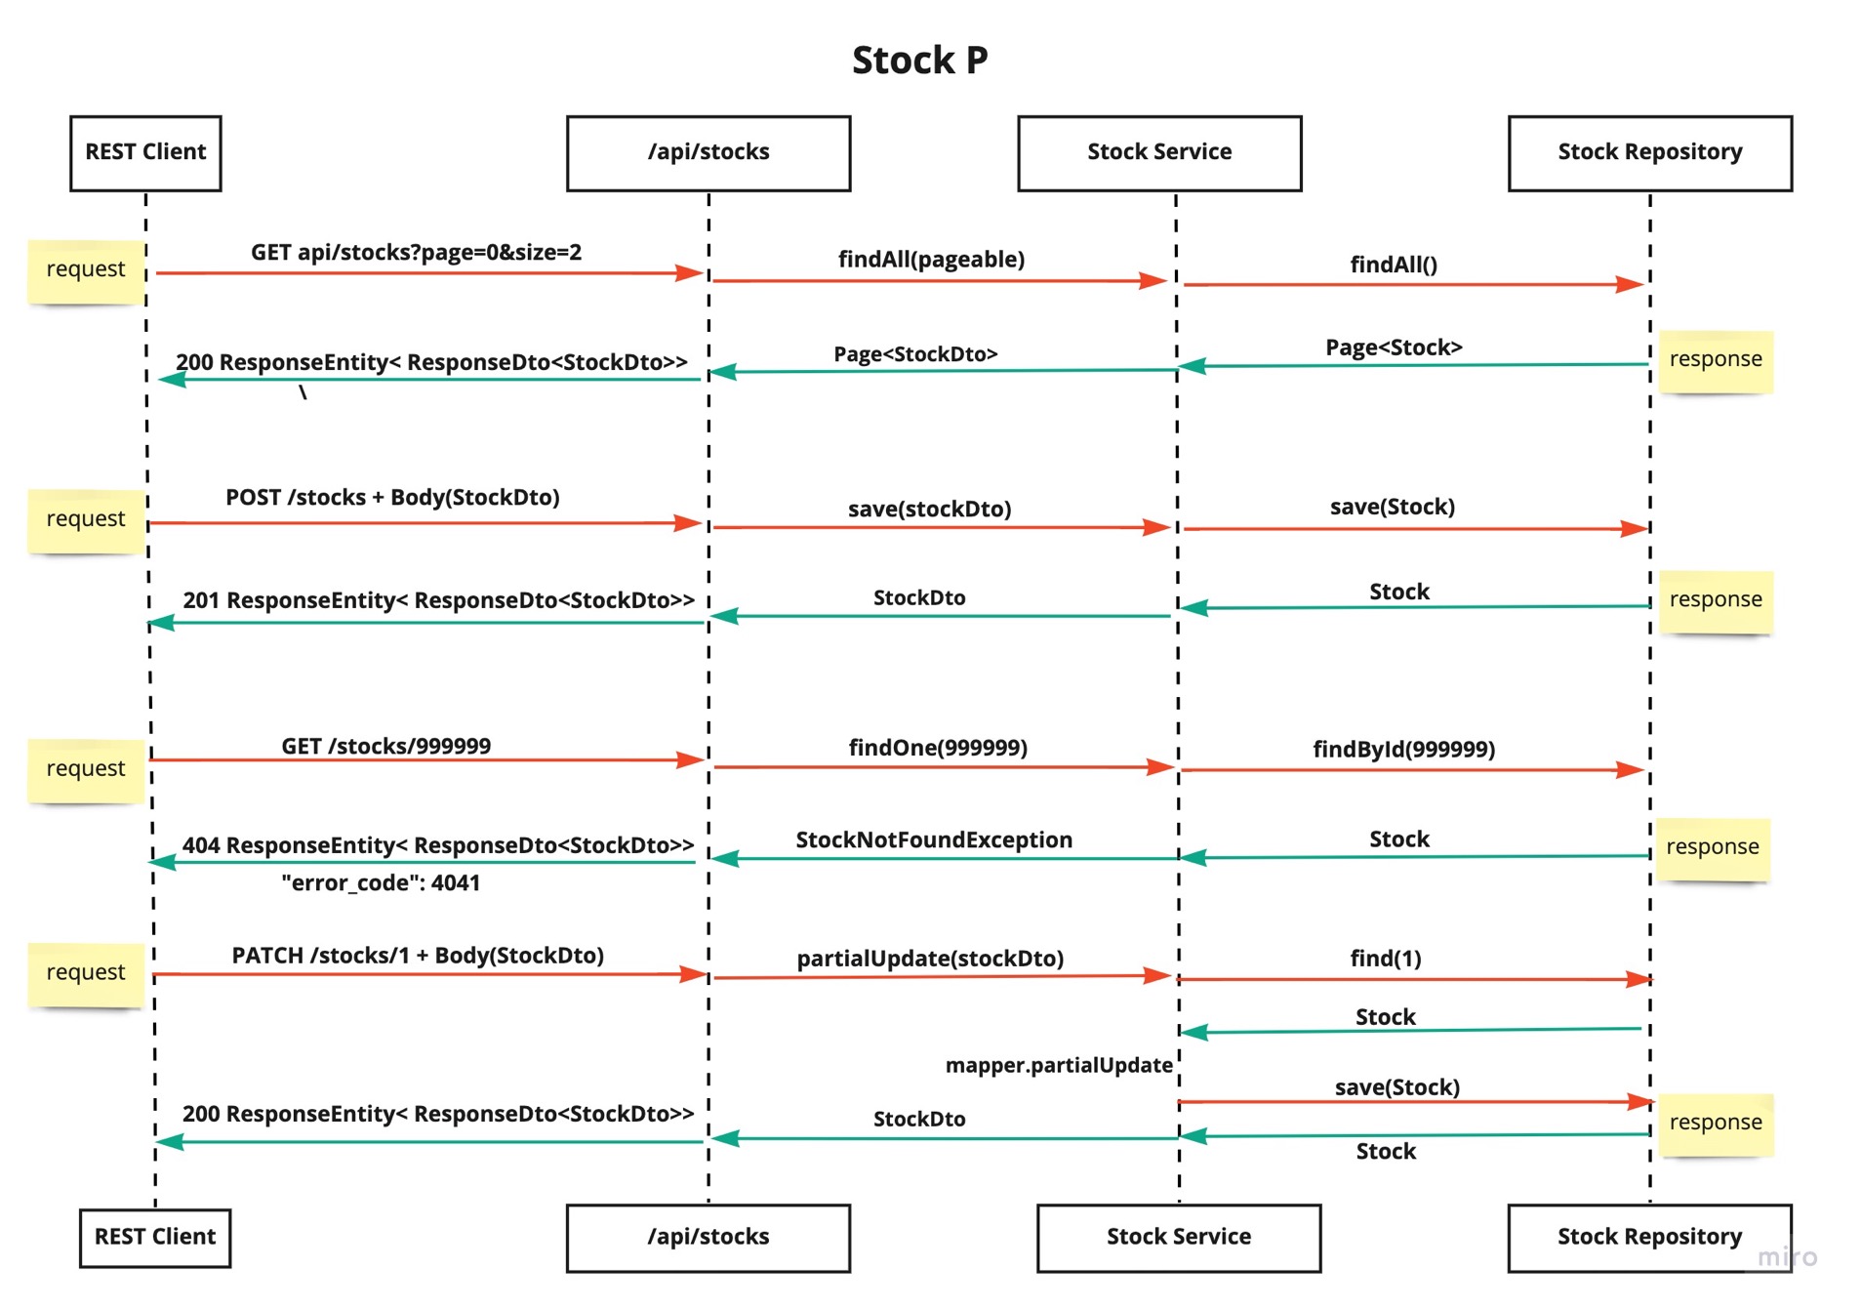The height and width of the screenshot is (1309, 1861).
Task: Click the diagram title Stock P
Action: pyautogui.click(x=918, y=61)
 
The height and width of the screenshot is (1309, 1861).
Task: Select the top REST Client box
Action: pyautogui.click(x=145, y=152)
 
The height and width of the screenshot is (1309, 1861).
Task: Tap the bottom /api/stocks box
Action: pyautogui.click(x=708, y=1237)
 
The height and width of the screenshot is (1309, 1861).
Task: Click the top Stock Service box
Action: pyautogui.click(x=1158, y=152)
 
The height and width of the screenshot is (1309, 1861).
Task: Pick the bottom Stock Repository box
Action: pyautogui.click(x=1648, y=1237)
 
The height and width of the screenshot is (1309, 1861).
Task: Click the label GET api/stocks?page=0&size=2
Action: pyautogui.click(x=416, y=253)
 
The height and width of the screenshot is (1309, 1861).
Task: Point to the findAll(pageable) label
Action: pyautogui.click(x=930, y=260)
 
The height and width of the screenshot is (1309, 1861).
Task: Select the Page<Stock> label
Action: pyautogui.click(x=1393, y=348)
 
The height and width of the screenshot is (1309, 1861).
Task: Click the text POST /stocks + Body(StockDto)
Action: pyautogui.click(x=392, y=498)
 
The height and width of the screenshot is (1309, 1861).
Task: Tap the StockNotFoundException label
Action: pyautogui.click(x=933, y=840)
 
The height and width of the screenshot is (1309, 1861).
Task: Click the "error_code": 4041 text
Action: pyautogui.click(x=381, y=883)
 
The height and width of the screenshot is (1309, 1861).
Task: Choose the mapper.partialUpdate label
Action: pyautogui.click(x=1058, y=1066)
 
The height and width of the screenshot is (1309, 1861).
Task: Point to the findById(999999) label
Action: pyautogui.click(x=1402, y=750)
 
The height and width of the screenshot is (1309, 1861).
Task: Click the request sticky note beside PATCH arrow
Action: pyautogui.click(x=86, y=973)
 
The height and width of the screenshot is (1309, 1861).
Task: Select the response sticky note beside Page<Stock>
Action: pyautogui.click(x=1715, y=360)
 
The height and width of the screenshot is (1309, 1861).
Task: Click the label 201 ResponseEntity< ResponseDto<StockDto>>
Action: pyautogui.click(x=438, y=600)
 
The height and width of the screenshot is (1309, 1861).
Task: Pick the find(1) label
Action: pyautogui.click(x=1385, y=959)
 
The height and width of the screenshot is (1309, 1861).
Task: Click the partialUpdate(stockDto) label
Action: pyautogui.click(x=929, y=959)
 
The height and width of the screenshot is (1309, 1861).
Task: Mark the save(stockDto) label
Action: pyautogui.click(x=928, y=510)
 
